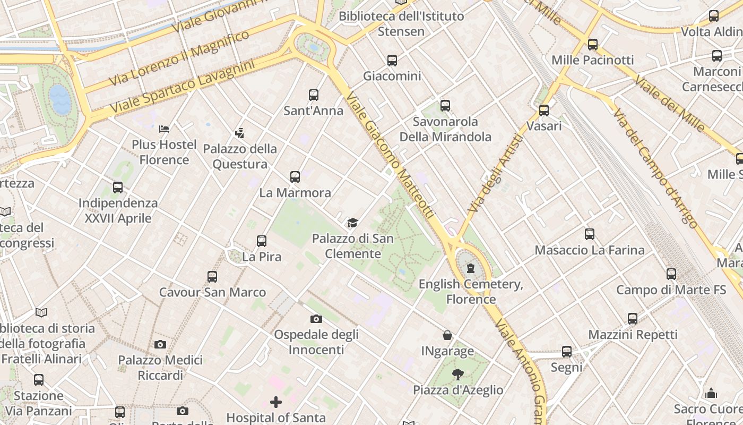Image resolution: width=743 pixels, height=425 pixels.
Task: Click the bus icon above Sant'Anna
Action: click(x=314, y=95)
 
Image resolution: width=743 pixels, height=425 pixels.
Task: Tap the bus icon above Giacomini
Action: click(x=392, y=61)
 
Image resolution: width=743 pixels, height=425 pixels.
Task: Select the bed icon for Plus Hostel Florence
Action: click(x=164, y=129)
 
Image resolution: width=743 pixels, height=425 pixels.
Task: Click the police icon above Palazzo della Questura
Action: click(x=240, y=133)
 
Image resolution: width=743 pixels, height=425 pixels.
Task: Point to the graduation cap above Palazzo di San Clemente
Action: click(x=352, y=223)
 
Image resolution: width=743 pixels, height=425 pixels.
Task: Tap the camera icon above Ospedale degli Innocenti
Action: click(x=316, y=319)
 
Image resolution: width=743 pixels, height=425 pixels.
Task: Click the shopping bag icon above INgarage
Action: click(x=447, y=335)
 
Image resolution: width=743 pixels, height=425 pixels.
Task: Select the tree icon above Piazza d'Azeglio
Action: click(x=458, y=374)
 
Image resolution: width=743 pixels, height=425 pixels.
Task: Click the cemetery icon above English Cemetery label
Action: click(x=471, y=268)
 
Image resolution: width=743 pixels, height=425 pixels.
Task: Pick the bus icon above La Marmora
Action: click(x=295, y=177)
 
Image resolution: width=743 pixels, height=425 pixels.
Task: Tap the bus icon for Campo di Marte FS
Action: click(x=671, y=274)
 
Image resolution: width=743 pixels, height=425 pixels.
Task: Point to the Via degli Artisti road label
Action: click(x=496, y=174)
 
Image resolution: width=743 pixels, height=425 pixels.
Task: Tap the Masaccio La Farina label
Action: click(x=590, y=250)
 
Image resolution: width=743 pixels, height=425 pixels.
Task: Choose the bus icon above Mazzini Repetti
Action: click(x=633, y=319)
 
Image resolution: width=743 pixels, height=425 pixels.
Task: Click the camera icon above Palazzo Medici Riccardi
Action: click(x=160, y=344)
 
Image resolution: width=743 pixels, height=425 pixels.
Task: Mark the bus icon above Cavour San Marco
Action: click(x=212, y=276)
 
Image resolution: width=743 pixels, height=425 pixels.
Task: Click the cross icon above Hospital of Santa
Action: click(x=276, y=402)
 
